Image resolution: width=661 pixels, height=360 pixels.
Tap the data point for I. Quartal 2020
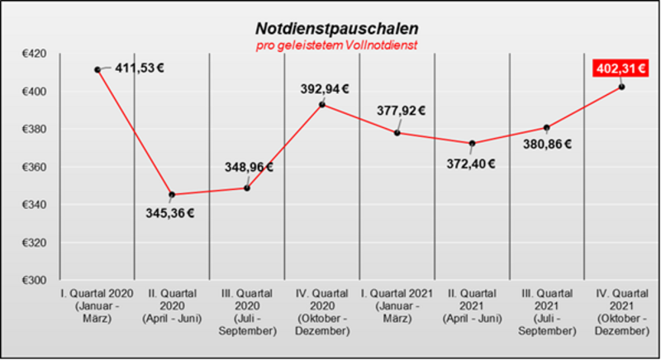[97, 70]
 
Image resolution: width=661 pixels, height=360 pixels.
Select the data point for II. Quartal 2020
[172, 195]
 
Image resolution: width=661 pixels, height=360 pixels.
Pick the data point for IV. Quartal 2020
[322, 105]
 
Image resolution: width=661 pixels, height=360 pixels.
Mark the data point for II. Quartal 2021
[472, 144]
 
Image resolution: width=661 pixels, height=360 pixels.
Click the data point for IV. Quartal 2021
[621, 87]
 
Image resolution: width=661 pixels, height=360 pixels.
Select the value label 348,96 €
[249, 168]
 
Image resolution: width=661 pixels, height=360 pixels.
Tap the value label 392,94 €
[324, 89]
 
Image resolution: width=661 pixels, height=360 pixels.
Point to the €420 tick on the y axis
[35, 54]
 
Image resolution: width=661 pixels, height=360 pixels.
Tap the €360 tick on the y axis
[35, 167]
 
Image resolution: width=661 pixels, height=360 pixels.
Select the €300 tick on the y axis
[35, 280]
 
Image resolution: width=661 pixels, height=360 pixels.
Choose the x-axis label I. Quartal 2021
[397, 304]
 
